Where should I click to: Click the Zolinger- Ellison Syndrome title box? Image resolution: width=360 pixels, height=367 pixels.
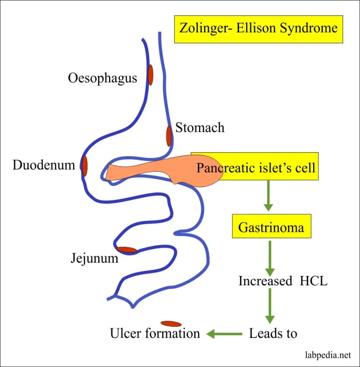[259, 28]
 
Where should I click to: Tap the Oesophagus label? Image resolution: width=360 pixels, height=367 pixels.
[102, 78]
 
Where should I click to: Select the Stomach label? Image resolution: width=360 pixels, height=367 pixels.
[200, 127]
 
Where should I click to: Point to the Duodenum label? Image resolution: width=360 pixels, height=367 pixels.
[44, 166]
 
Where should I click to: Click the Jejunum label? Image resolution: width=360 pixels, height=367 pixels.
[94, 259]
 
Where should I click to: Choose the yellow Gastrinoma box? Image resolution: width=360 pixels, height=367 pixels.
[271, 227]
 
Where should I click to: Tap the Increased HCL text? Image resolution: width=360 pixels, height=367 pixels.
[283, 281]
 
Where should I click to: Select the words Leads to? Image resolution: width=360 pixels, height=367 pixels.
[273, 334]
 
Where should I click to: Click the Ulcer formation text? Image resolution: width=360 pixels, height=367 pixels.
[155, 334]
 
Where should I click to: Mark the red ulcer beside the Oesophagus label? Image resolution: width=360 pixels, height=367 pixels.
[151, 75]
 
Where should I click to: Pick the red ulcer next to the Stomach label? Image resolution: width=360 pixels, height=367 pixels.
[169, 136]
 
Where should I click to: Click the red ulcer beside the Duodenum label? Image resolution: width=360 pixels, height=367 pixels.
[85, 166]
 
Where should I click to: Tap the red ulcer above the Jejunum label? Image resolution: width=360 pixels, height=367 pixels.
[127, 250]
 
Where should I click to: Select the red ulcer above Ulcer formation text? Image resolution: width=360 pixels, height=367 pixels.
[171, 324]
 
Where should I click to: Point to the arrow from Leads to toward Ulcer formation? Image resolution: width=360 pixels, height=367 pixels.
[225, 334]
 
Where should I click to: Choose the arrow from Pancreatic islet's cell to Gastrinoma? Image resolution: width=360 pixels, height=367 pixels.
[268, 196]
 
